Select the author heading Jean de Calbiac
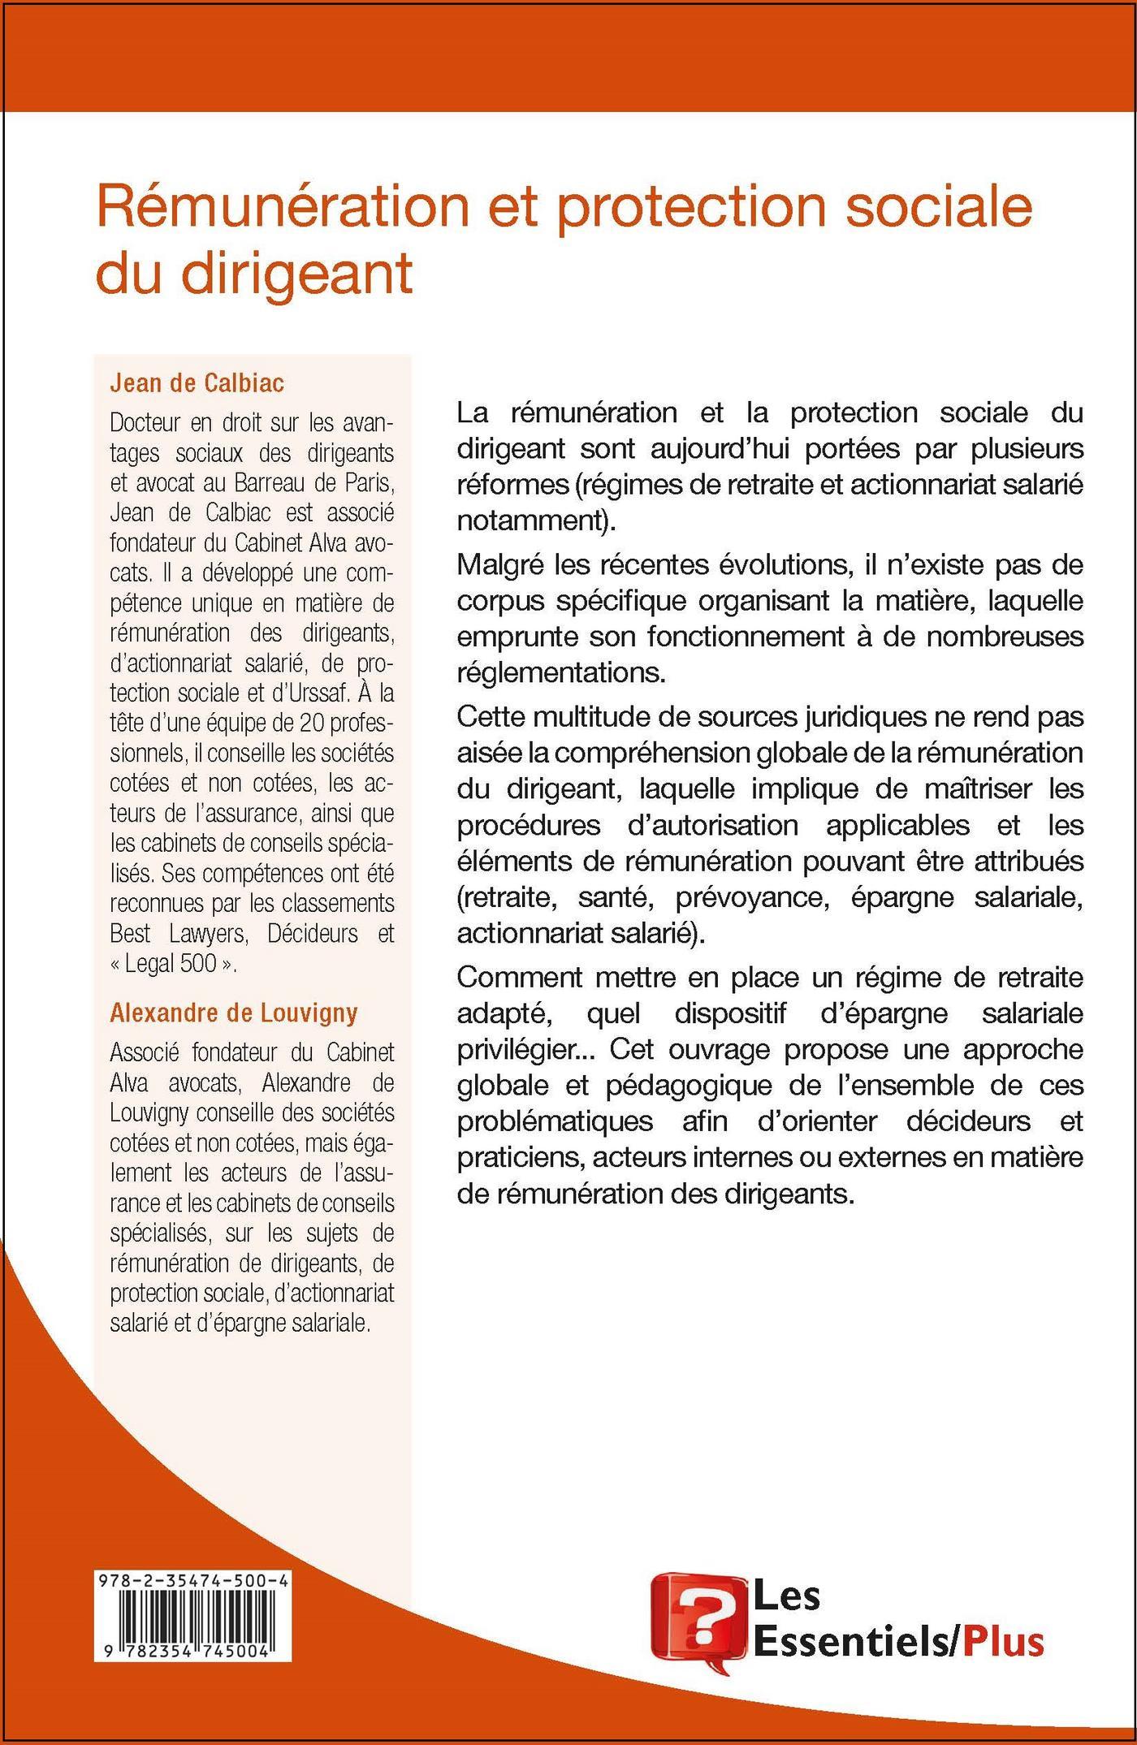point(197,382)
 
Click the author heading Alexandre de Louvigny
point(234,1013)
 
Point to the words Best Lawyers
point(177,933)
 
